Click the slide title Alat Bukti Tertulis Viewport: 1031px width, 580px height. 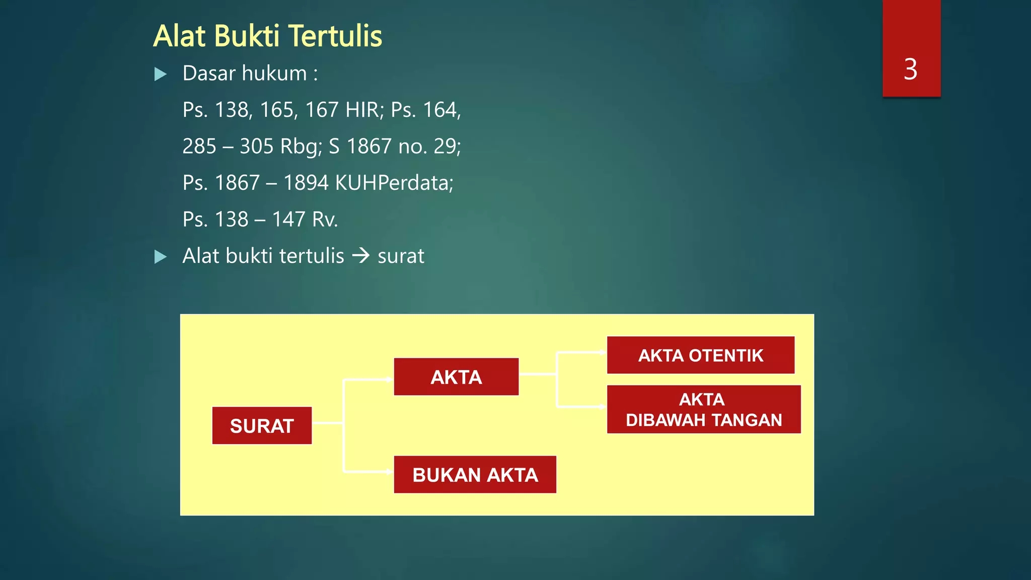click(x=267, y=36)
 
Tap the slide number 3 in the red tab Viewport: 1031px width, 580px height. click(x=910, y=69)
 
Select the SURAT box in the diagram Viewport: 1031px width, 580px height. click(x=262, y=426)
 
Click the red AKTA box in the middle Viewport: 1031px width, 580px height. click(x=456, y=377)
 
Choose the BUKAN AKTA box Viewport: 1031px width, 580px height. click(x=475, y=475)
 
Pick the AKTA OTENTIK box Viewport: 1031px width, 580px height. click(x=700, y=355)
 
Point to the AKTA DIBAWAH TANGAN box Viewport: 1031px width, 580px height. click(x=703, y=409)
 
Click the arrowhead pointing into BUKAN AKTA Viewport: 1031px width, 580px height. click(x=389, y=472)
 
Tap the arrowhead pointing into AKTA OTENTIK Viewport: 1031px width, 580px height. click(x=603, y=352)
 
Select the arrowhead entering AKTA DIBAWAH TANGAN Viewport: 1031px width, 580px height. click(x=603, y=406)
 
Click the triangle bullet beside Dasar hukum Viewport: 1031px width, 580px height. click(x=160, y=75)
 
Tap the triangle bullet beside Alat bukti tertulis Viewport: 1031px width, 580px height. click(x=160, y=257)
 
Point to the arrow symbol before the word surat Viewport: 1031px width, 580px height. click(x=360, y=256)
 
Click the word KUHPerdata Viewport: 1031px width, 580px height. click(x=394, y=183)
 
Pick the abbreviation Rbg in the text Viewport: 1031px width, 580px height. click(x=301, y=147)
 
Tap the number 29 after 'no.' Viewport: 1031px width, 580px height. click(x=447, y=147)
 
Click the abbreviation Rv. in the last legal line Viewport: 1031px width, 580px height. click(x=325, y=220)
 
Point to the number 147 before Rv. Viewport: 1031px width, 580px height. click(x=288, y=220)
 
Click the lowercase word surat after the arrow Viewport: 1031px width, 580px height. click(x=401, y=256)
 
